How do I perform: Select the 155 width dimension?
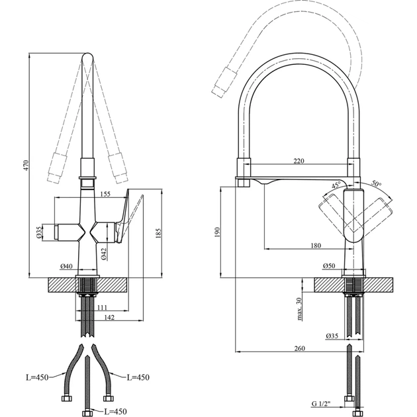click(x=105, y=194)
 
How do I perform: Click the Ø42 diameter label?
click(x=104, y=254)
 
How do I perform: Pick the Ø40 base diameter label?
click(x=66, y=267)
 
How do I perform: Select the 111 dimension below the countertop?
click(x=102, y=308)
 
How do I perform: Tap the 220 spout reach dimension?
click(x=299, y=161)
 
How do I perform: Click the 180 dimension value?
click(x=315, y=246)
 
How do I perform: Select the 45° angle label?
click(x=336, y=185)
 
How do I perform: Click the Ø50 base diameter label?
click(x=329, y=267)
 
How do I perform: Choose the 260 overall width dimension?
click(x=299, y=348)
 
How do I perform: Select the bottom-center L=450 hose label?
click(x=116, y=411)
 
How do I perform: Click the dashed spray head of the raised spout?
click(x=222, y=81)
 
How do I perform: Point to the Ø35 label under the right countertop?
click(x=332, y=336)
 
